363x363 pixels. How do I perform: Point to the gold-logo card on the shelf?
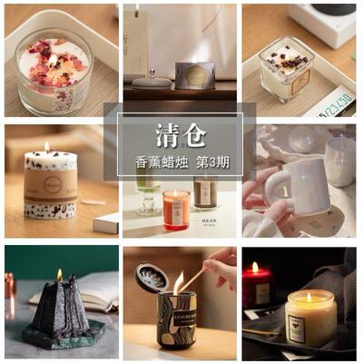click(195, 75)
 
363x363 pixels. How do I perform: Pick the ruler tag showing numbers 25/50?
click(331, 105)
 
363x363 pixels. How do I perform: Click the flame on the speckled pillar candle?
click(46, 147)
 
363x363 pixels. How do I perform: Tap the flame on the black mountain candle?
click(60, 275)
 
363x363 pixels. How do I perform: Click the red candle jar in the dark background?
click(257, 286)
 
